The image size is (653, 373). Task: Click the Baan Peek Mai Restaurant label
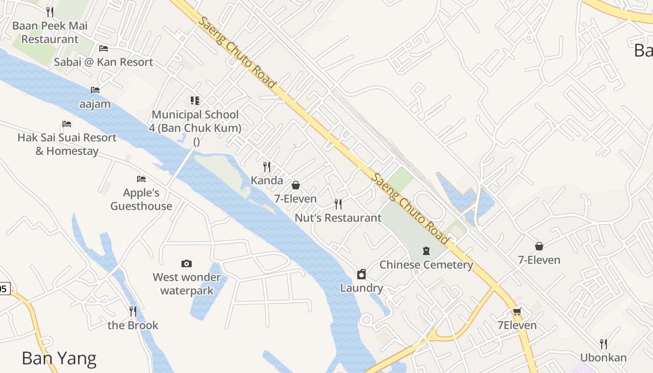[x=50, y=32]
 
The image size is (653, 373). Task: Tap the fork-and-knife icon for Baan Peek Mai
[x=50, y=12]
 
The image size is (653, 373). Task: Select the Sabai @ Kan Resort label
[x=104, y=62]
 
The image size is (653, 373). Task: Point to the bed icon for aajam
[x=95, y=90]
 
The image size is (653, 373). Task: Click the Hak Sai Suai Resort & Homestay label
[x=67, y=144]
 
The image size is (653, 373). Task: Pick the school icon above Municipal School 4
[x=195, y=100]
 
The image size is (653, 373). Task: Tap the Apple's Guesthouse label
[x=141, y=199]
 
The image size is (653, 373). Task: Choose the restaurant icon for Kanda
[x=267, y=166]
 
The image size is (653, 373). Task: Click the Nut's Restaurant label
[x=338, y=218]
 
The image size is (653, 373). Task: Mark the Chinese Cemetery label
[x=426, y=265]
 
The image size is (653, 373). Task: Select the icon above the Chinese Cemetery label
[x=426, y=251]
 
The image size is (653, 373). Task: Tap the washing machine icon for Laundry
[x=361, y=274]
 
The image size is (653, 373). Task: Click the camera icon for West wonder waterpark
[x=187, y=263]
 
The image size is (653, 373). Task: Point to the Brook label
[x=133, y=325]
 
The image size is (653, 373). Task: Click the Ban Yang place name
[x=59, y=358]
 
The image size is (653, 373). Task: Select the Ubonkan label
[x=604, y=358]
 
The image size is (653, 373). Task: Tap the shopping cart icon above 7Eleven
[x=517, y=311]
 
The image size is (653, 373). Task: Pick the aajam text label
[x=95, y=104]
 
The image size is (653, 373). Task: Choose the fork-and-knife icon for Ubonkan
[x=604, y=344]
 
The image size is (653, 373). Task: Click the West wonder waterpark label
[x=187, y=284]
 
